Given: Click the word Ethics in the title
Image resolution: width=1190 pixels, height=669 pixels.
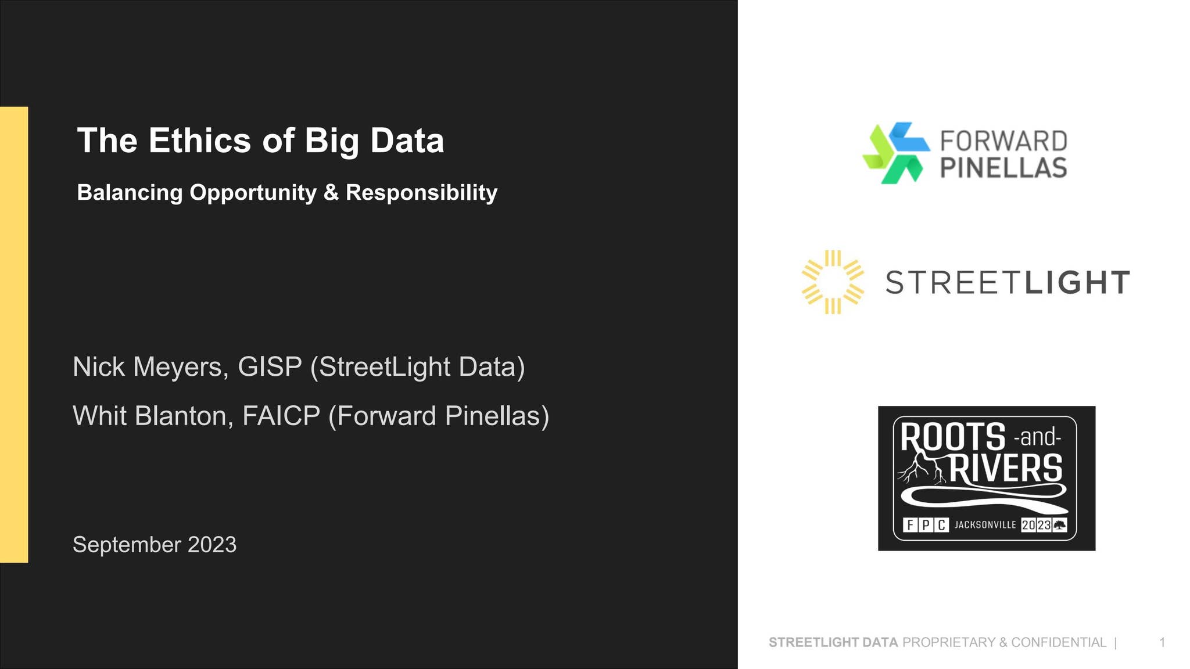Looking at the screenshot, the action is [x=201, y=141].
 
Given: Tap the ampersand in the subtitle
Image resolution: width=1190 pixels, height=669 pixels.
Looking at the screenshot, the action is [x=331, y=193].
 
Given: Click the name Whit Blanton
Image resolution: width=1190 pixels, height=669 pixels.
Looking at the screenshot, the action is [x=153, y=416].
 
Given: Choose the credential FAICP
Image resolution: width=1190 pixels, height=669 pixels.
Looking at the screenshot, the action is [x=281, y=416].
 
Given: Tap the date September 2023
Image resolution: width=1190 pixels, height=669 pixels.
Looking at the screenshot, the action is [x=155, y=545].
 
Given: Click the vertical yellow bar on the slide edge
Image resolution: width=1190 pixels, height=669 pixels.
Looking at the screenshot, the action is [x=14, y=334].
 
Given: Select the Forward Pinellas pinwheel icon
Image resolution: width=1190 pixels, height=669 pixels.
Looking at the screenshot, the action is [x=895, y=153].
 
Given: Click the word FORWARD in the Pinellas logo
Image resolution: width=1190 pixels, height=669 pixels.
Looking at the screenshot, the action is [x=1003, y=141].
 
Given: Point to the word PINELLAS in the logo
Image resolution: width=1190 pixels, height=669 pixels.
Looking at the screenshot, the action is [x=1003, y=167].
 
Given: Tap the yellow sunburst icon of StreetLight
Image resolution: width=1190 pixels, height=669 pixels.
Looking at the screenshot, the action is [x=833, y=282].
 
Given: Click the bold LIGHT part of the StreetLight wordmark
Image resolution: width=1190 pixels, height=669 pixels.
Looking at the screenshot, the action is [x=1077, y=283].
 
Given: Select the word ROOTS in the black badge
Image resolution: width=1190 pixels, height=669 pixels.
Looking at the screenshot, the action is [x=953, y=437].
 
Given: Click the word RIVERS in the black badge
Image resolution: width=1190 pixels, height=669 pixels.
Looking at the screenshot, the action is [x=1006, y=469].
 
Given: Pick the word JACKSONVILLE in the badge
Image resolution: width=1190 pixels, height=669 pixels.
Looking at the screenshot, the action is [x=985, y=525].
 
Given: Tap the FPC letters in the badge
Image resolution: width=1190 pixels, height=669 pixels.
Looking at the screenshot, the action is [x=926, y=525].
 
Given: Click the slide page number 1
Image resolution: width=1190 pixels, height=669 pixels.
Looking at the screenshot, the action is [x=1162, y=642].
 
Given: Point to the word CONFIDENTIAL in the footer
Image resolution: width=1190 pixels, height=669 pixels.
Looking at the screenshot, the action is [x=1059, y=642].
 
